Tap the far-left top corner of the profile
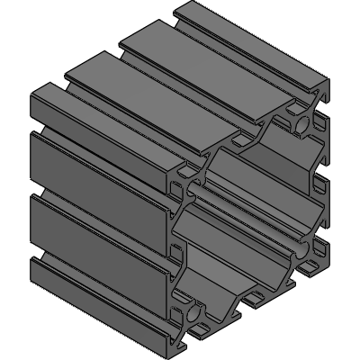34,90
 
